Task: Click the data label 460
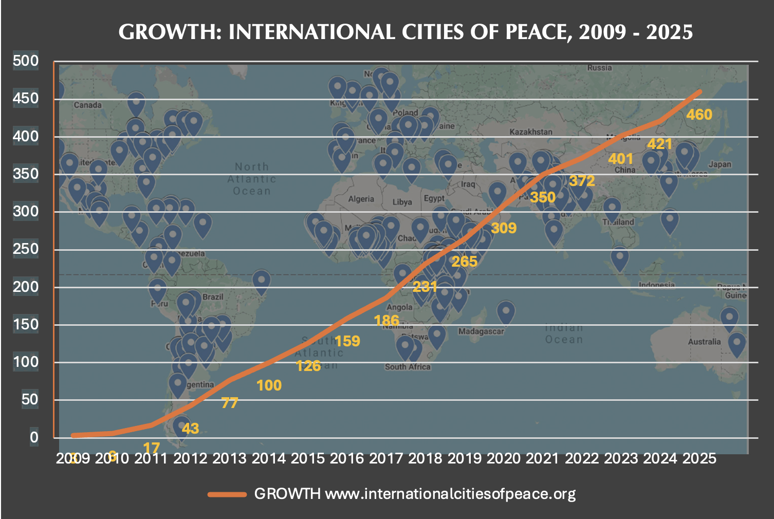[699, 115]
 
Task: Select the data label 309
[503, 228]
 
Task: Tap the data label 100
[269, 385]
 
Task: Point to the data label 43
[190, 428]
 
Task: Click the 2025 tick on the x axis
[699, 458]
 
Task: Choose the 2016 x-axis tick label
[347, 458]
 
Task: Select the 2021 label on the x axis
[543, 458]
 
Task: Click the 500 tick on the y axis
[26, 61]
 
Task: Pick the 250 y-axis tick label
[26, 249]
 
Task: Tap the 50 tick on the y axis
[30, 399]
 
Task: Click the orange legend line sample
[227, 494]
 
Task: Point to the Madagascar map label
[481, 331]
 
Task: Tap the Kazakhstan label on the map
[531, 132]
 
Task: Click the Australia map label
[704, 342]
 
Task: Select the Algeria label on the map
[361, 199]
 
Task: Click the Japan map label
[720, 164]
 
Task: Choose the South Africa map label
[408, 366]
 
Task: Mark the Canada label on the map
[87, 105]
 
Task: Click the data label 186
[386, 321]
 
